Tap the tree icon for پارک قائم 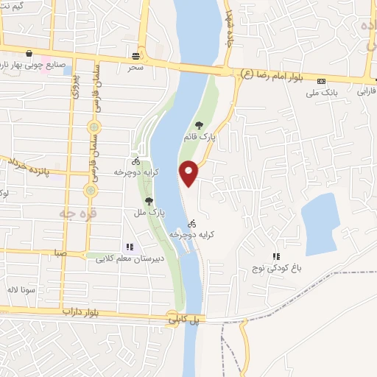pos(198,125)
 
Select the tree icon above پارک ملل pos(149,200)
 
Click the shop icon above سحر pos(135,56)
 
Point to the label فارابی pos(366,92)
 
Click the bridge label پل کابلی pos(183,320)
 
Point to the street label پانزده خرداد pos(27,166)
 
